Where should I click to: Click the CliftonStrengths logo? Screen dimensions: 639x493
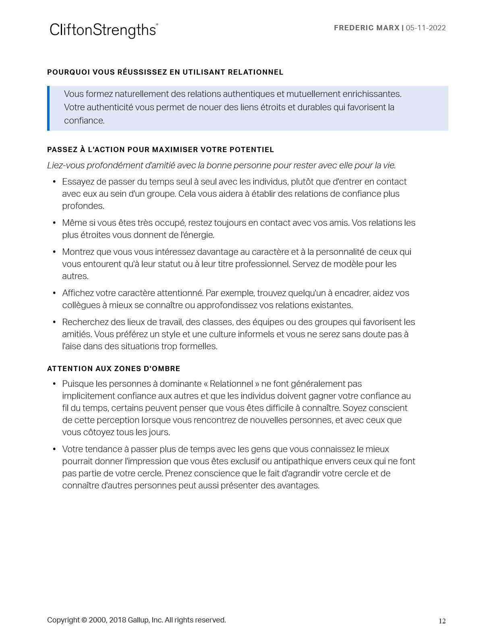pyautogui.click(x=104, y=30)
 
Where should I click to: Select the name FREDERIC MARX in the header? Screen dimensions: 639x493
pyautogui.click(x=367, y=28)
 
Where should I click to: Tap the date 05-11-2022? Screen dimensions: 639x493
pyautogui.click(x=426, y=28)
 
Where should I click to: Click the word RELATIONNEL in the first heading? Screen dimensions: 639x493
pyautogui.click(x=255, y=72)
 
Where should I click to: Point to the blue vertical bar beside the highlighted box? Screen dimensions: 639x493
pyautogui.click(x=48, y=108)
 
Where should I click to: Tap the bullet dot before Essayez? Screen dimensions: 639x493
pyautogui.click(x=54, y=182)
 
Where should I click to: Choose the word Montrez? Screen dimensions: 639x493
pyautogui.click(x=78, y=252)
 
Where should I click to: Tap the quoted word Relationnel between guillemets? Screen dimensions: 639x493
pyautogui.click(x=231, y=384)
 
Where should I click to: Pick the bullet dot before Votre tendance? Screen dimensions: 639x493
pyautogui.click(x=54, y=449)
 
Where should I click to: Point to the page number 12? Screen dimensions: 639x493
pyautogui.click(x=442, y=621)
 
